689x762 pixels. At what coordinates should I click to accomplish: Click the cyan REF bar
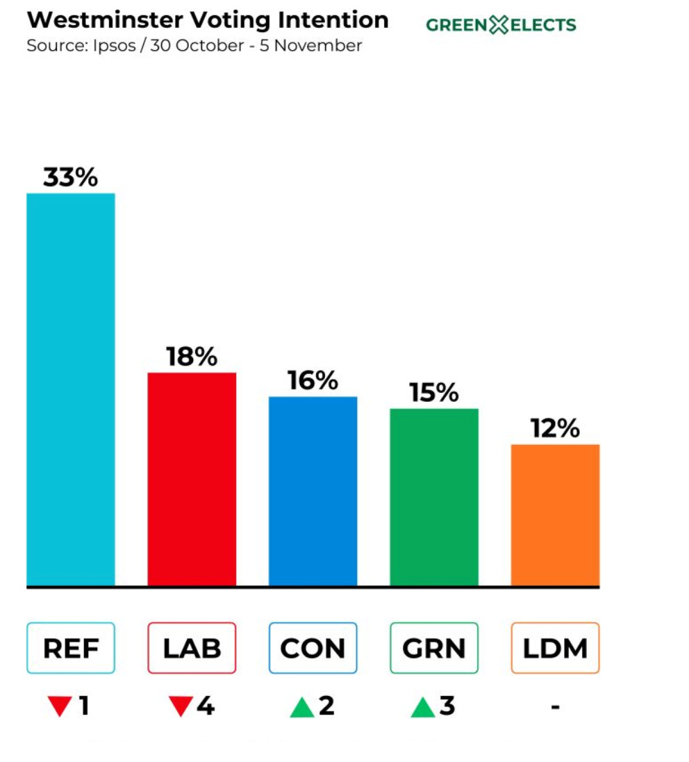point(71,389)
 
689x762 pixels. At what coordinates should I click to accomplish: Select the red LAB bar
point(192,479)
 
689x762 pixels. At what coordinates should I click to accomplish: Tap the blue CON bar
point(313,491)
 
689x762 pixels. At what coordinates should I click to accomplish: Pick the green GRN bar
point(434,496)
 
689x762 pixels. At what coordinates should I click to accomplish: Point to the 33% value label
point(71,178)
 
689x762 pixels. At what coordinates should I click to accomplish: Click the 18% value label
point(192,357)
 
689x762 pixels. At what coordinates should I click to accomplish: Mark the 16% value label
point(313,381)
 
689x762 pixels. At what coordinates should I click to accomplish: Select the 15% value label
point(434,393)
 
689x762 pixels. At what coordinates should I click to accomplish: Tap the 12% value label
point(555,429)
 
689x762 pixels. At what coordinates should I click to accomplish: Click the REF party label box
point(71,648)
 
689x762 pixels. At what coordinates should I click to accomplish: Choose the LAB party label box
point(192,648)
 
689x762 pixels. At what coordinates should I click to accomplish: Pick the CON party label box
point(313,648)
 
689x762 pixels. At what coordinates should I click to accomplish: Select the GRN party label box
point(434,648)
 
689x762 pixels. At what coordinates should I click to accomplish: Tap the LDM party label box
point(555,648)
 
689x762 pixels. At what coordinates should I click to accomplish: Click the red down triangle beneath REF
point(59,707)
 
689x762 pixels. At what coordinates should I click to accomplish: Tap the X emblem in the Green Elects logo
point(499,26)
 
